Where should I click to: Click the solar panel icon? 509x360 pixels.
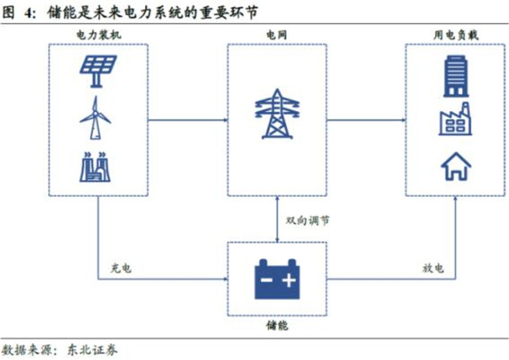tap(98, 70)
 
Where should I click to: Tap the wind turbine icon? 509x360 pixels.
tap(95, 117)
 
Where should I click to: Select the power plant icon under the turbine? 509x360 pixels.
tap(96, 166)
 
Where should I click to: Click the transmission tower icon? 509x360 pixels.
tap(277, 114)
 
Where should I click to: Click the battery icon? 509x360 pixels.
tap(277, 278)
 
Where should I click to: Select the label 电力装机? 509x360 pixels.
tap(98, 35)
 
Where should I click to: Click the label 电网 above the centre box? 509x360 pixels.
tap(277, 35)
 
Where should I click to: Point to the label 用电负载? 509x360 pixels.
tap(455, 35)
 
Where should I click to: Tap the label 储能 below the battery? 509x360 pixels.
tap(277, 326)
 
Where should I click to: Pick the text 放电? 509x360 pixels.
tap(433, 268)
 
